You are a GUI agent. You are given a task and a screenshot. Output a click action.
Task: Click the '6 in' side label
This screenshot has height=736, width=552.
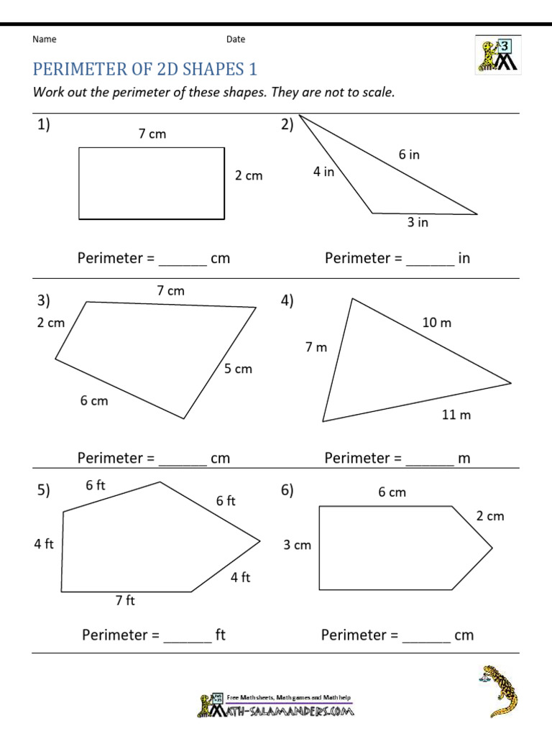click(409, 155)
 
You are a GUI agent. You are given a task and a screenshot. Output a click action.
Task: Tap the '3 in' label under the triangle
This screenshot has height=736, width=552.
click(418, 223)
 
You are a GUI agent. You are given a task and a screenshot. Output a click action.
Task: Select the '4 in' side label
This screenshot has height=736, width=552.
click(323, 172)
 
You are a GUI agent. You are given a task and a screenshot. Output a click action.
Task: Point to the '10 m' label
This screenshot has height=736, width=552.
click(436, 323)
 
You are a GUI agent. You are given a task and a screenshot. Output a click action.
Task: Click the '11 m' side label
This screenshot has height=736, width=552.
click(456, 415)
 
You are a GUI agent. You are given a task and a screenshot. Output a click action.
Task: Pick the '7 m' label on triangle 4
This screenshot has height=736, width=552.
click(316, 348)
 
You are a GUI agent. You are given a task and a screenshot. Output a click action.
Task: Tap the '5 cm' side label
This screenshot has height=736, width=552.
click(238, 369)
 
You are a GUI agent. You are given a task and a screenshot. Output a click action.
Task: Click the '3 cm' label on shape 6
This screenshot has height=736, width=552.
click(297, 545)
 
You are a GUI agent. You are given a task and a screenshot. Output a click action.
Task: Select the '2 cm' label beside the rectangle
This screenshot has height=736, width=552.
click(249, 175)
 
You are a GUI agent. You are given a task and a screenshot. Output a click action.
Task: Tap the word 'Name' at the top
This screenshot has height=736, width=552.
click(45, 40)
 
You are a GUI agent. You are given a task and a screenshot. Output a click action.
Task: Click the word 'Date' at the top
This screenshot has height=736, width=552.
click(236, 40)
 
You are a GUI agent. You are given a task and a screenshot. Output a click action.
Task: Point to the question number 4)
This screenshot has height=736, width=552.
click(287, 302)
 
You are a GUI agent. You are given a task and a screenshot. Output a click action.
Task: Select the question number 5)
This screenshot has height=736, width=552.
click(44, 491)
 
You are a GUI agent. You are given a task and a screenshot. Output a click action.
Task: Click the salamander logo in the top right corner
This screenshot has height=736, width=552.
click(497, 55)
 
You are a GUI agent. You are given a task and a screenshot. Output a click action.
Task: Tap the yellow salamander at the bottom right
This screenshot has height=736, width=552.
click(500, 690)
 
